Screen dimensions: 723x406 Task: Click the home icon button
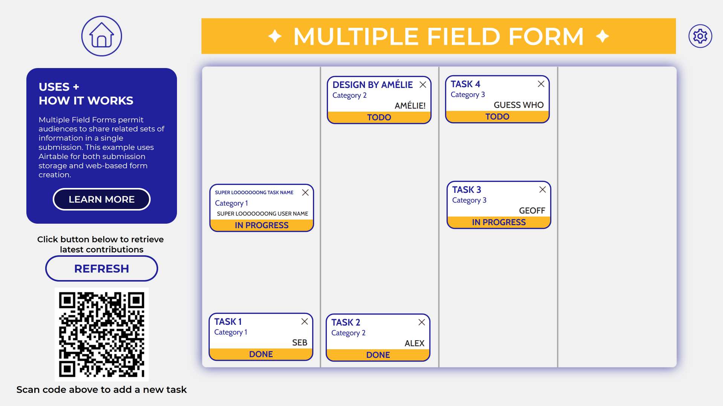102,36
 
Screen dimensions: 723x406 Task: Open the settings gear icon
700,36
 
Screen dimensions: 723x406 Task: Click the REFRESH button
102,268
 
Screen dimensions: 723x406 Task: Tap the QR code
102,335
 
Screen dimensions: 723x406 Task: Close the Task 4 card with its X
541,84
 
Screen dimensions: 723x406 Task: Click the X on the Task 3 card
542,189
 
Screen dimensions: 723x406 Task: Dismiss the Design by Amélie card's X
423,85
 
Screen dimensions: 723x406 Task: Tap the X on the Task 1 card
305,321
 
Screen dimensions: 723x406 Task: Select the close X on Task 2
422,322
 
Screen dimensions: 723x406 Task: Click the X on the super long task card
305,192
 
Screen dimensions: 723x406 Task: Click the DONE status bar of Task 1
261,354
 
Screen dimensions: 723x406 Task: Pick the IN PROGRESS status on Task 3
499,222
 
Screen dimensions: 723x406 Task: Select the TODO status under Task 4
497,117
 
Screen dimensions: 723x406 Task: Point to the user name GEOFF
532,211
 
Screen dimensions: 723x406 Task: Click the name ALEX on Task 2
415,343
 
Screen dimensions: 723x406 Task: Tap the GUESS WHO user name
519,105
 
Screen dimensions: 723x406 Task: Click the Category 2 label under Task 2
348,333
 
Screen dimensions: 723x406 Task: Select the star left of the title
275,36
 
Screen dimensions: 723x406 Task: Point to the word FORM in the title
546,36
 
